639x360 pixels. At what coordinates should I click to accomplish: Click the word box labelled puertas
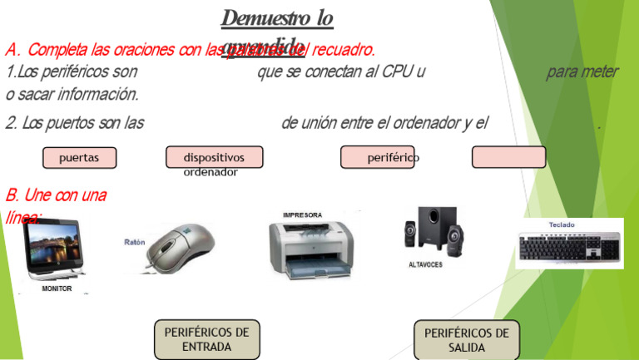pos(80,157)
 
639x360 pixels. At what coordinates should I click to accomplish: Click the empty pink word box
pos(508,157)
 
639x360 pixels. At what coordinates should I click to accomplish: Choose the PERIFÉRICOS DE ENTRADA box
pos(206,339)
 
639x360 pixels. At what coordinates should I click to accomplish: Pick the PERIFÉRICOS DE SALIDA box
pos(466,340)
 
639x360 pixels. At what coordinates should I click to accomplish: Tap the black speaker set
pos(433,231)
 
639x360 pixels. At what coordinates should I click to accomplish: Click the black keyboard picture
pos(570,247)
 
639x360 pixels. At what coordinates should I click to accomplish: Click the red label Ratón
pos(135,242)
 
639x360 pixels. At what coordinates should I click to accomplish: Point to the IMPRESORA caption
pos(302,215)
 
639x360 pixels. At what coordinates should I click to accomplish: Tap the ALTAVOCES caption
pos(425,265)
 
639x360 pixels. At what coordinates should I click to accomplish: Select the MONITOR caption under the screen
pos(57,288)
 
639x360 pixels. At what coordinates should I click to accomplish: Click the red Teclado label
pos(562,224)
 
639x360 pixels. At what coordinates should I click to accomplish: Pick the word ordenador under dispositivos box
pos(211,173)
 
